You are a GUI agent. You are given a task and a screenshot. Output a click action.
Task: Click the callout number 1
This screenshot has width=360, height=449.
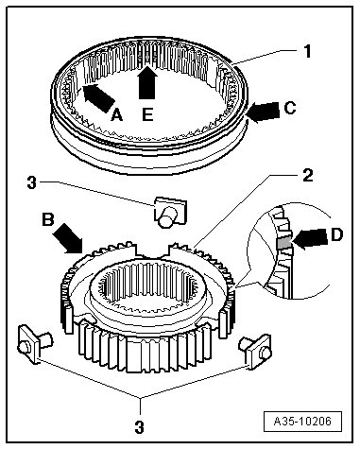click(x=307, y=51)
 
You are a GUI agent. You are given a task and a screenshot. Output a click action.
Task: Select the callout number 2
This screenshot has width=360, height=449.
click(x=307, y=175)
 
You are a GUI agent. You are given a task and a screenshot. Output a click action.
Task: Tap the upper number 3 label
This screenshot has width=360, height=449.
click(x=32, y=182)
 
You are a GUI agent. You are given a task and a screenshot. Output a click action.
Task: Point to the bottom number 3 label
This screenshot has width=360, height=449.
click(x=139, y=427)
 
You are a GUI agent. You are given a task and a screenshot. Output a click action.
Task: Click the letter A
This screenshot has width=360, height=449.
click(x=117, y=114)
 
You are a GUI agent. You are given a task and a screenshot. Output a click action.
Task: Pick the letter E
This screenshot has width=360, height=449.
click(x=147, y=114)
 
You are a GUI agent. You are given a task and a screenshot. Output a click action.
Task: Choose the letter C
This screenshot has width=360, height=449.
click(x=290, y=108)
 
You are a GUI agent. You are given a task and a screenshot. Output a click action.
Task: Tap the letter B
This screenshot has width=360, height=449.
click(x=48, y=219)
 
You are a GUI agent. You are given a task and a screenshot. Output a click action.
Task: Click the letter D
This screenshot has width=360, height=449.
click(x=336, y=234)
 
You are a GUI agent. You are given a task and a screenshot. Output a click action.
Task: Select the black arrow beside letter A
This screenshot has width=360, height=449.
click(x=98, y=98)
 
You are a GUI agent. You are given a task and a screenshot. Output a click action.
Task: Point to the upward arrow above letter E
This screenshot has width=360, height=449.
click(x=147, y=82)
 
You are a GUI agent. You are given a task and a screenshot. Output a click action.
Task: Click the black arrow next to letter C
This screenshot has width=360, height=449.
click(x=264, y=112)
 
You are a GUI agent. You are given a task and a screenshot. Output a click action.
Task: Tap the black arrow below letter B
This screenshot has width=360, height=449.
click(x=69, y=238)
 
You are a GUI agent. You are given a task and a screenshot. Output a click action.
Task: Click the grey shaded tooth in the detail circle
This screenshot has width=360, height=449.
click(x=284, y=243)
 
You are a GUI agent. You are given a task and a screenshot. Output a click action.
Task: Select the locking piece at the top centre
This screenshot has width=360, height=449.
click(x=170, y=212)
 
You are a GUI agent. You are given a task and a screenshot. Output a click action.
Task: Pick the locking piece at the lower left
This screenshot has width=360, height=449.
click(x=35, y=344)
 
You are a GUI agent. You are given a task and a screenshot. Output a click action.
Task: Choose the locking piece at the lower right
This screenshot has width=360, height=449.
click(x=256, y=351)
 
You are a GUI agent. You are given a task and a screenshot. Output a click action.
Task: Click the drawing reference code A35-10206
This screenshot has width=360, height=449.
click(x=302, y=421)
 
